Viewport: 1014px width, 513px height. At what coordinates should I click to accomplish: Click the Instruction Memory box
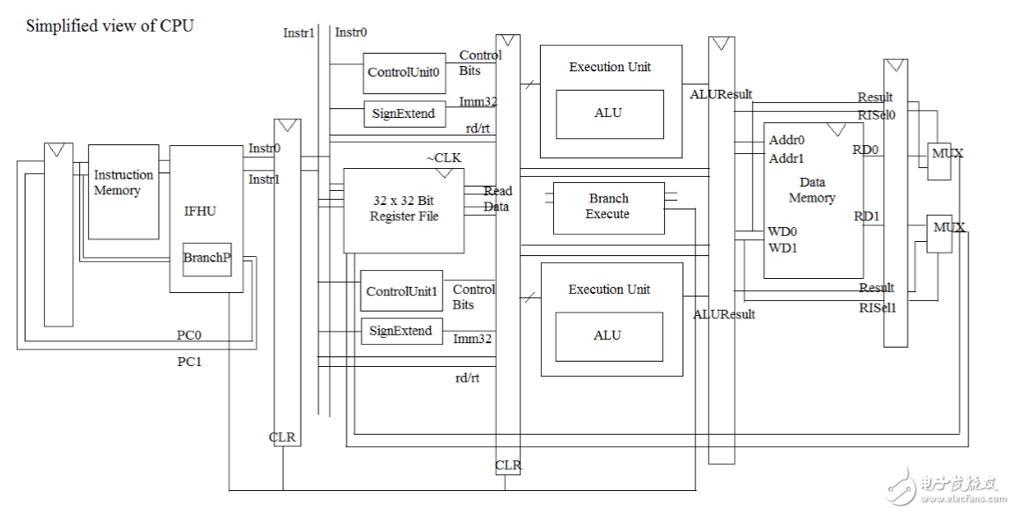[x=123, y=191]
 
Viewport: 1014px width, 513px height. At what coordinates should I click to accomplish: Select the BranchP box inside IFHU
[x=207, y=258]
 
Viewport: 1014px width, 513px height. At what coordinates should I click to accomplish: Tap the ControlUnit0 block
[x=404, y=72]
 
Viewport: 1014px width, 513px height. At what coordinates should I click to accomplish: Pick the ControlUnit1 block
[x=402, y=291]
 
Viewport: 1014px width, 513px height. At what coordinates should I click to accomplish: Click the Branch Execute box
[x=608, y=208]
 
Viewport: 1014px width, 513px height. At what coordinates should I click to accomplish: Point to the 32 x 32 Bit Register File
[x=404, y=209]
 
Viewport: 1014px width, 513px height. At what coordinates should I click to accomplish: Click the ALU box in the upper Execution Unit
[x=608, y=114]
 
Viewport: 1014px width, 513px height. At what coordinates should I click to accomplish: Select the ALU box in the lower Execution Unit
[x=608, y=336]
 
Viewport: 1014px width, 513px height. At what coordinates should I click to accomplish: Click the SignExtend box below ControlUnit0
[x=403, y=114]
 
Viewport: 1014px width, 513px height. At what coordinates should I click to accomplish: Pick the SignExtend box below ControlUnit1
[x=401, y=331]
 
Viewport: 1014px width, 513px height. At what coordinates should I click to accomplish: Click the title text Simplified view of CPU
[x=110, y=26]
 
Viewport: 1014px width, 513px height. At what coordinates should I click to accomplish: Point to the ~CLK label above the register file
[x=444, y=158]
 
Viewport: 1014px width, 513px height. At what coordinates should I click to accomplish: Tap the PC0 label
[x=189, y=335]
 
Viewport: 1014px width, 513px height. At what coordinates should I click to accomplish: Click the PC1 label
[x=189, y=361]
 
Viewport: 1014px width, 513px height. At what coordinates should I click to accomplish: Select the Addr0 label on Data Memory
[x=786, y=140]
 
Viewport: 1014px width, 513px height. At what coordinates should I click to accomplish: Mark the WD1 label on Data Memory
[x=783, y=247]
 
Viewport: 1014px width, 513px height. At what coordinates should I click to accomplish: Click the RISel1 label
[x=878, y=307]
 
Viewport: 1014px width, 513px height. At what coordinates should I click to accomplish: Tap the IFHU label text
[x=200, y=211]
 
